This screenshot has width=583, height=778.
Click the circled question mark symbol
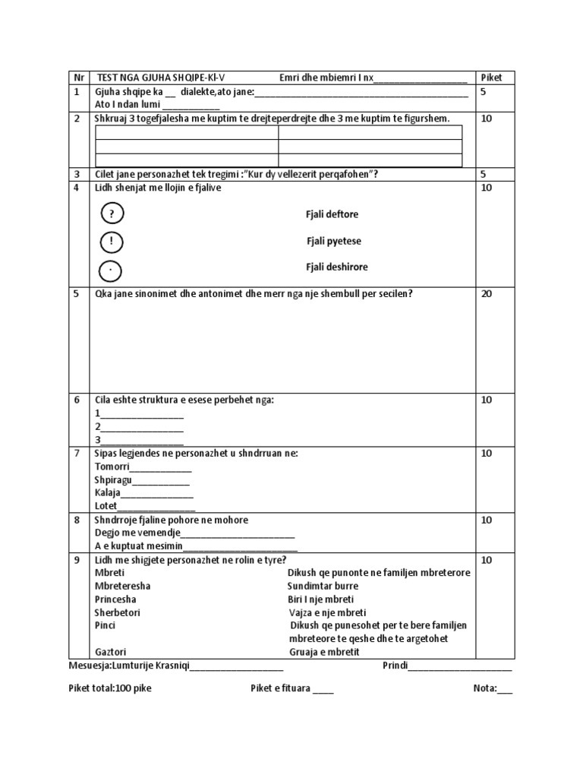coord(112,214)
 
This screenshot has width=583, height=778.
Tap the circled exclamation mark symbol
coord(112,242)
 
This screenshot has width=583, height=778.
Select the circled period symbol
coord(112,270)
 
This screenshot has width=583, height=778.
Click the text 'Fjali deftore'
coord(332,214)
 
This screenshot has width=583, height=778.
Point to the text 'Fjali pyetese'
coord(333,241)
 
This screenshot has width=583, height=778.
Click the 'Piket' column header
coord(492,77)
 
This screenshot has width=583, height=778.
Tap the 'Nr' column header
coord(77,77)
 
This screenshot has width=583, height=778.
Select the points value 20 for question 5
coord(487,293)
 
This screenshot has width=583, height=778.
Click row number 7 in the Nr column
coord(76,453)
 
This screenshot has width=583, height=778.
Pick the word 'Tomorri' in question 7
coord(112,466)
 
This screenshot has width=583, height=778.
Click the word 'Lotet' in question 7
coord(106,505)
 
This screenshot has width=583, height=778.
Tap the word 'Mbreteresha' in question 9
coord(122,586)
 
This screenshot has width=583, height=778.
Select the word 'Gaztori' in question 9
coord(112,652)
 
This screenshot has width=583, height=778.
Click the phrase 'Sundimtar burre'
coord(323,586)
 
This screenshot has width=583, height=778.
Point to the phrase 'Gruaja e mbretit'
coord(324,652)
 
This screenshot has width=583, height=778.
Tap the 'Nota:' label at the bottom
coord(484,688)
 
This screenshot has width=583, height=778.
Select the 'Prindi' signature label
coord(395,666)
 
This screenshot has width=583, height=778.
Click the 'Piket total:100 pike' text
coord(115,688)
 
